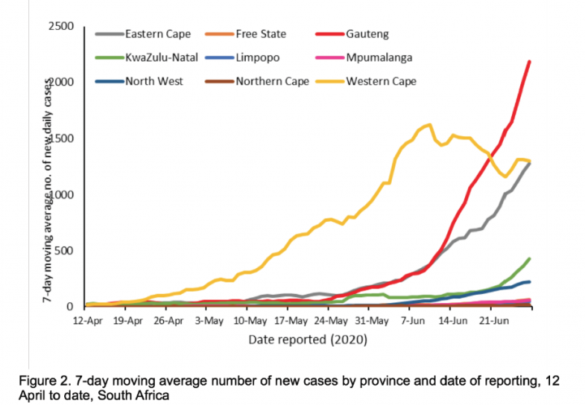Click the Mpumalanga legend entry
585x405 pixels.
[379, 58]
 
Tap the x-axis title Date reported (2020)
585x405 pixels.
[309, 340]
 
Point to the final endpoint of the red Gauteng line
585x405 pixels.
[530, 62]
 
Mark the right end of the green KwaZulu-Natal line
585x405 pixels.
[530, 259]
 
